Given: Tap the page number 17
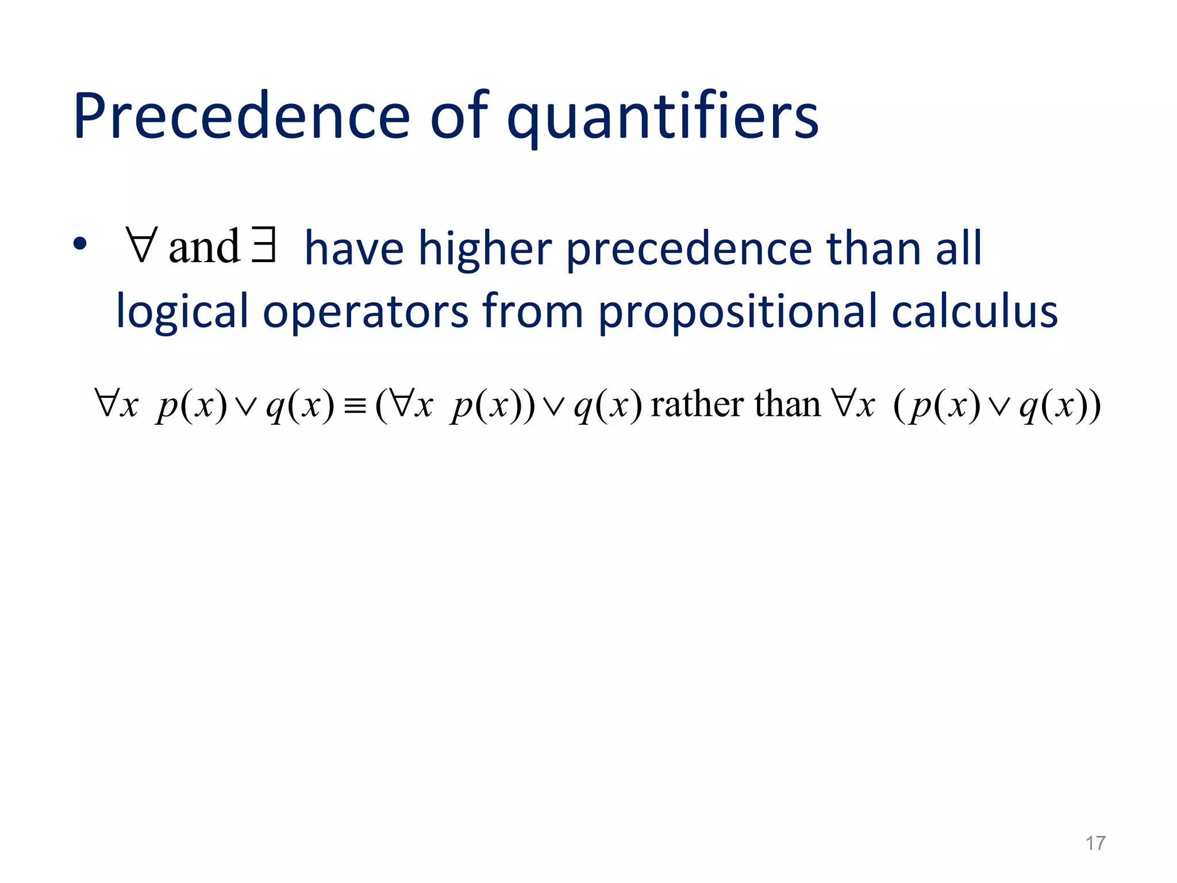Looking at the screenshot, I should click(x=1095, y=843).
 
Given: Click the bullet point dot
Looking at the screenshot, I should click(x=80, y=244).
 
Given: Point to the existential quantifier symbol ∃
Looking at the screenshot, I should click(x=264, y=246).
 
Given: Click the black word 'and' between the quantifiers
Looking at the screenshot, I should click(x=204, y=247).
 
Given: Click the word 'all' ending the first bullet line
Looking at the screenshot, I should click(x=959, y=248).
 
